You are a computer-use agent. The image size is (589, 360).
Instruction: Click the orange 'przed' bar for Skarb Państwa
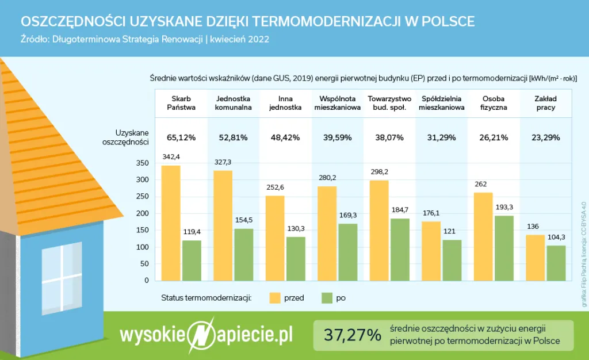[x=171, y=223]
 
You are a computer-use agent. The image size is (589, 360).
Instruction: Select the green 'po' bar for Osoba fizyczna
[x=504, y=248]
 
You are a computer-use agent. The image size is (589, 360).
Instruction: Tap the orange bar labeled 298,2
[x=378, y=231]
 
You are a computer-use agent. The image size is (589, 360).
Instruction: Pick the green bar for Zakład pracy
[x=556, y=263]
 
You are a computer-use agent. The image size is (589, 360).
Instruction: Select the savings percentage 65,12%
[x=181, y=137]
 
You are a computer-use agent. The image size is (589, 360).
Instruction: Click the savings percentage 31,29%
[x=442, y=137]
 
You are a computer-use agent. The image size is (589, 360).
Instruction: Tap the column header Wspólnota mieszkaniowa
[x=337, y=103]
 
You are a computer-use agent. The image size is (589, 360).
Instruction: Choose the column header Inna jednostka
[x=285, y=103]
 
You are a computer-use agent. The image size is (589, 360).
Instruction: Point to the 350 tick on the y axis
[x=143, y=163]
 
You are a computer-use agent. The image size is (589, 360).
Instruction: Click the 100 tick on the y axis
[x=143, y=247]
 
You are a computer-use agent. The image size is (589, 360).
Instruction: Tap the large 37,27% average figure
[x=353, y=335]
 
